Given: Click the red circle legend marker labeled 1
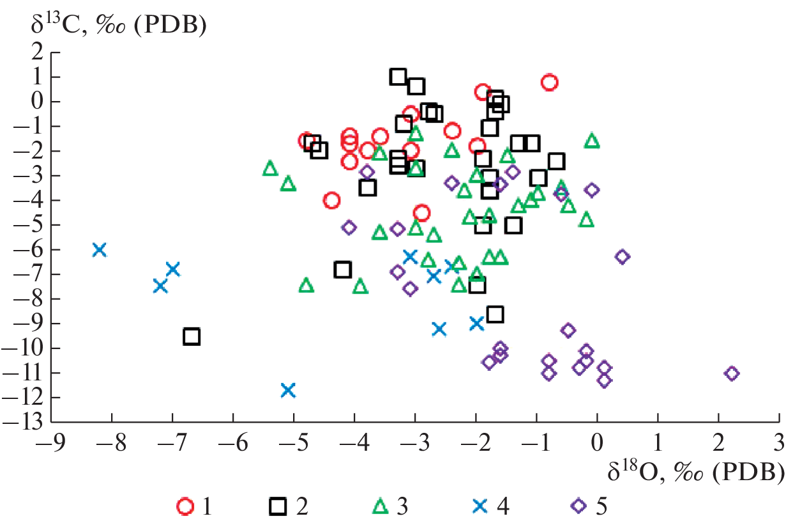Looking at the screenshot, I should coord(185,506).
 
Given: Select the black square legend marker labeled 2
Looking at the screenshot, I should coord(278,506).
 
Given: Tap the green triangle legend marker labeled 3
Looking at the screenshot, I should coord(381,506).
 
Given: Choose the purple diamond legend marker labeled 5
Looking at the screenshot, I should coord(578,506).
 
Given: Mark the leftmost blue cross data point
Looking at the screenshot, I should coord(99,249).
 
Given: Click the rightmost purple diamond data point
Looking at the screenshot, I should coord(732,373).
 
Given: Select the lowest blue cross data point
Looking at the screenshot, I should coord(288,389).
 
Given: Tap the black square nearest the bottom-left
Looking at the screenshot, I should coord(192,336).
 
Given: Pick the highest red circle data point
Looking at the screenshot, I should coord(549,82).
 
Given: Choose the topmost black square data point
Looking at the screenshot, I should coord(398,77).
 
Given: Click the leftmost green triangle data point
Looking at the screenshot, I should coord(270,168).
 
